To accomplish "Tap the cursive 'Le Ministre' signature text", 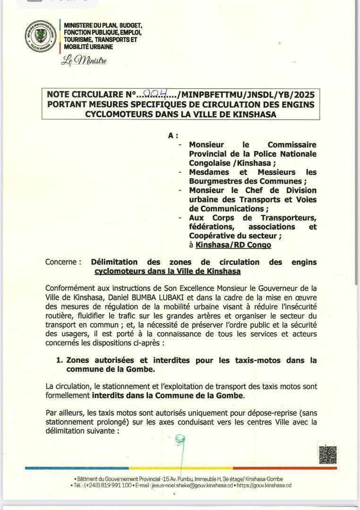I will [x=84, y=61].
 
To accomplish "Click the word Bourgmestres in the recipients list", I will [x=215, y=181].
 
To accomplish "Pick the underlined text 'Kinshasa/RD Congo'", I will [x=233, y=245].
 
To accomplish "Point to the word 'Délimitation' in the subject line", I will [x=114, y=262].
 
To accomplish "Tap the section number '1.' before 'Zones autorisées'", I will [x=60, y=360].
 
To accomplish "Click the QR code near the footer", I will [x=327, y=455].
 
